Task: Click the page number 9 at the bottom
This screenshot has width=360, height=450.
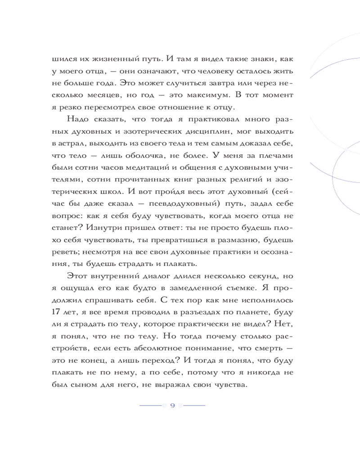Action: pyautogui.click(x=173, y=405)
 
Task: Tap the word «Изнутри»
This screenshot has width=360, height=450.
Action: pyautogui.click(x=107, y=228)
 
